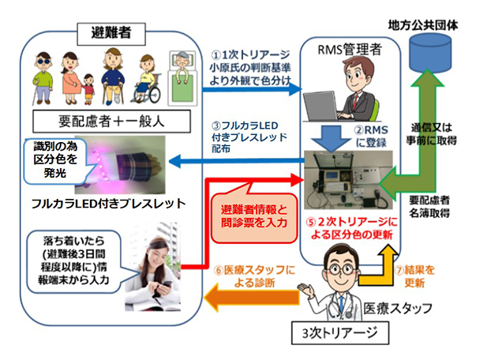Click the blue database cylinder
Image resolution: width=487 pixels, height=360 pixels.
[430, 52]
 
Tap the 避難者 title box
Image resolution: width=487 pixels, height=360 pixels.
[111, 34]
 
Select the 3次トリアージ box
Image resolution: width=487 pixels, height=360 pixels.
[340, 332]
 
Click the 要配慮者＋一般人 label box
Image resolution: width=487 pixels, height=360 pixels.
[111, 121]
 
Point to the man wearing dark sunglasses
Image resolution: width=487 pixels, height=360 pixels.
[43, 79]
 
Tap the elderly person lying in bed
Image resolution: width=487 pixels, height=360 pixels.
[182, 78]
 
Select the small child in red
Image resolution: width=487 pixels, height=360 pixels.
[88, 89]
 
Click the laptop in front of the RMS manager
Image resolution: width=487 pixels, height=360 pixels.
[321, 107]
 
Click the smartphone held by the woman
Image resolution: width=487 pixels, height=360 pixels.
[167, 285]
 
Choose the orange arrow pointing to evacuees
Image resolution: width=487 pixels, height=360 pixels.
[252, 298]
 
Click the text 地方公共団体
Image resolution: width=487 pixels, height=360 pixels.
[423, 25]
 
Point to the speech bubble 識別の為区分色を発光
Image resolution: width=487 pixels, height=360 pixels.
[55, 159]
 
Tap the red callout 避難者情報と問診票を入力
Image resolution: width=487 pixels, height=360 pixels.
[254, 217]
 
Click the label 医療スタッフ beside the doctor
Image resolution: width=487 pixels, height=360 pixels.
[398, 308]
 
